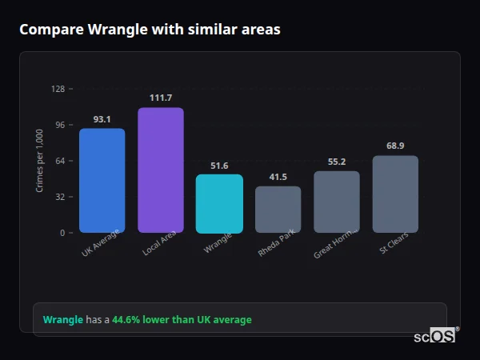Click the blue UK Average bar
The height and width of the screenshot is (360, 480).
click(x=102, y=181)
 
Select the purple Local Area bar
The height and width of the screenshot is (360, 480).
click(x=160, y=170)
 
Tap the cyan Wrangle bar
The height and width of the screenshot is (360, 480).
click(x=219, y=204)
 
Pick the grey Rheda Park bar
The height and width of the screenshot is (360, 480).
click(x=278, y=210)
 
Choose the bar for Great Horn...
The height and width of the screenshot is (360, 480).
click(x=337, y=202)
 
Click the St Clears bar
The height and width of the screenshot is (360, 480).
click(x=395, y=194)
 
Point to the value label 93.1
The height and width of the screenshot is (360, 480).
click(x=102, y=119)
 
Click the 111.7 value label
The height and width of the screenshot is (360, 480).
click(x=160, y=98)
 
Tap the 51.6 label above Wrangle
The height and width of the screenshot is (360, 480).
click(x=219, y=166)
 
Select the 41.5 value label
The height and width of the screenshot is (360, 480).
click(x=278, y=177)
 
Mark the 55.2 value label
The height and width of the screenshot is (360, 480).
click(x=337, y=162)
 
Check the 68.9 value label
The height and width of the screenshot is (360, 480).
click(x=395, y=146)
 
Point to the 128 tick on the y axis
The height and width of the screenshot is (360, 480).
click(x=58, y=89)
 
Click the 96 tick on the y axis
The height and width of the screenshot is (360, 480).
click(x=59, y=125)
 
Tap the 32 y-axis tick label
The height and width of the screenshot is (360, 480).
click(x=59, y=197)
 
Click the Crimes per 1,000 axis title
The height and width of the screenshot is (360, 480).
click(x=40, y=161)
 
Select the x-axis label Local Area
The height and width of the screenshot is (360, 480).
click(x=159, y=246)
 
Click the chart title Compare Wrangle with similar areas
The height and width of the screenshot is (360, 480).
click(x=150, y=30)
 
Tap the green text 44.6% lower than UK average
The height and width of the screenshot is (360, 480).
click(x=182, y=320)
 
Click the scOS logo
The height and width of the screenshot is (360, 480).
click(x=435, y=336)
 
